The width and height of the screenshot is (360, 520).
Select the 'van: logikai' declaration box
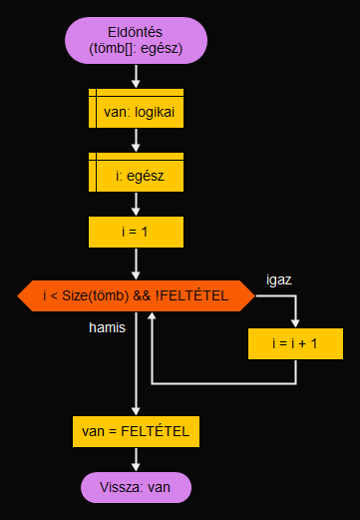point(137,111)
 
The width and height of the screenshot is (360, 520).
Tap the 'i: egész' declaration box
point(137,176)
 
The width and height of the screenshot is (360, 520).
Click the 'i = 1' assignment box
point(137,233)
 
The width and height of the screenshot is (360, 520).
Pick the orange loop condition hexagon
point(137,295)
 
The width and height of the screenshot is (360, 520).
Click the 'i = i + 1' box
point(295,343)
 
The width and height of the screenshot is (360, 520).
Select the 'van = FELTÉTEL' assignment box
point(137,432)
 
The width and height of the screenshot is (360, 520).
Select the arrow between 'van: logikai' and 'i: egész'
point(137,142)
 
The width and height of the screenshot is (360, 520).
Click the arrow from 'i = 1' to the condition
point(137,263)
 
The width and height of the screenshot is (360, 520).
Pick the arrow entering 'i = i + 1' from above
point(295,314)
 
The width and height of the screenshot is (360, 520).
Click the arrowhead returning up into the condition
point(153,318)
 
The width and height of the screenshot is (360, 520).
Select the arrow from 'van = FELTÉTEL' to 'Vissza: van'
point(137,459)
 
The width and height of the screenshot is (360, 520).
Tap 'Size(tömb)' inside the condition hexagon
point(101,295)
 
